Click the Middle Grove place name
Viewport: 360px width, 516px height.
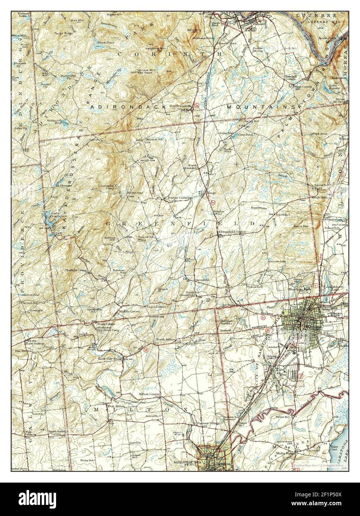click(x=129, y=311)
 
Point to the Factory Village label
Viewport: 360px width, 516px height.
click(x=208, y=423)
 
